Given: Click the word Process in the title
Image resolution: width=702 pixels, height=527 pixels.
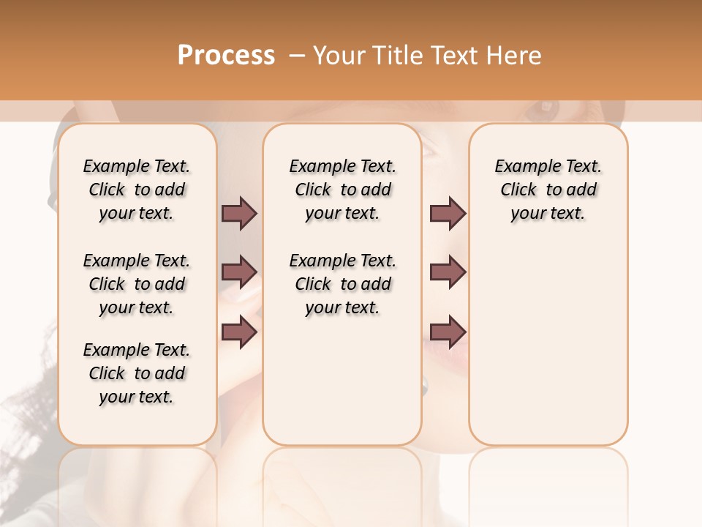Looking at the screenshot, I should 226,56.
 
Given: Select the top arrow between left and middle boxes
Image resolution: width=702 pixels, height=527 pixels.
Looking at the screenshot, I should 239,213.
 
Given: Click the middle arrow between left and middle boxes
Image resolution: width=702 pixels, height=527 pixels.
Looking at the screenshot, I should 239,272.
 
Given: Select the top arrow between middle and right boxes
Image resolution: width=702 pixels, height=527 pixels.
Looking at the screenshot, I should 448,213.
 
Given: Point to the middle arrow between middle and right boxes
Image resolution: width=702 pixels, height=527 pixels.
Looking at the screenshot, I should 448,272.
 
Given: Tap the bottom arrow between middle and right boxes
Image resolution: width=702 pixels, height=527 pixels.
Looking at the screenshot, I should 448,332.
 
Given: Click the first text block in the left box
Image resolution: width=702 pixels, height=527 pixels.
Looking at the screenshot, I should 137,190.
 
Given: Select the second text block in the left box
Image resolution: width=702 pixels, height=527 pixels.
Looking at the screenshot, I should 137,284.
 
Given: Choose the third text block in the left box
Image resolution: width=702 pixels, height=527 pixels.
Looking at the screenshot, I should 137,373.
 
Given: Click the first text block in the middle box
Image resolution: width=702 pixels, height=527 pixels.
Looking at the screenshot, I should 342,190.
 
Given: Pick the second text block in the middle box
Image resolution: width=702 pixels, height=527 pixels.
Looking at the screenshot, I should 342,284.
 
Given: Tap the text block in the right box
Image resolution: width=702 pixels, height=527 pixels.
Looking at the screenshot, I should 548,190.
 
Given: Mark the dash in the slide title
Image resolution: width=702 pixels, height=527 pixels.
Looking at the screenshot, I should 298,56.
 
